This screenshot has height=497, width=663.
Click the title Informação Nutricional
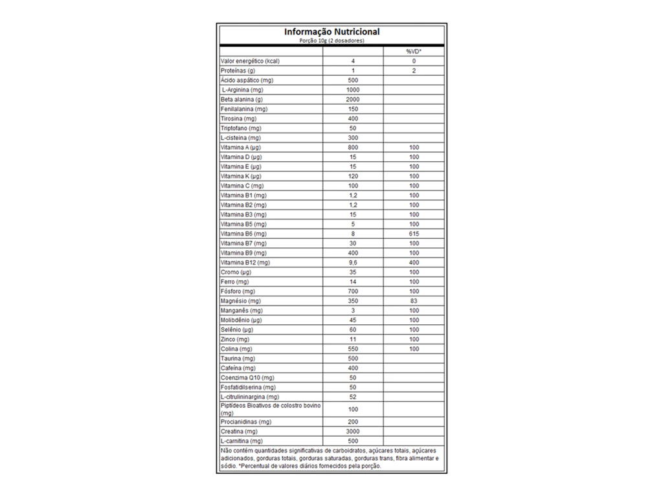tap(331, 32)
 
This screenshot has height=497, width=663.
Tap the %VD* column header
tap(414, 51)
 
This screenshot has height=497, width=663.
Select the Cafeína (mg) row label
tap(238, 368)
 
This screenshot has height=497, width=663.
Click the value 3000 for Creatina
tap(353, 431)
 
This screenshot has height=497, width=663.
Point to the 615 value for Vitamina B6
tap(414, 234)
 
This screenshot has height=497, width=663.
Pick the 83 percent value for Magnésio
tap(414, 301)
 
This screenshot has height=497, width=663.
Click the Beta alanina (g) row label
tap(242, 100)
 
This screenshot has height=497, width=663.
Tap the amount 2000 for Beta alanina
tap(353, 100)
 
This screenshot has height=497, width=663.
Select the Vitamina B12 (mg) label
tap(245, 263)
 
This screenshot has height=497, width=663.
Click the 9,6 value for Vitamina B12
tap(353, 263)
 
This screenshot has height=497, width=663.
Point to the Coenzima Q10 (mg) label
tap(247, 377)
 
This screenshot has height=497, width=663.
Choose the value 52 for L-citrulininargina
tap(353, 397)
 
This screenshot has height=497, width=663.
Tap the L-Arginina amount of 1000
tap(353, 90)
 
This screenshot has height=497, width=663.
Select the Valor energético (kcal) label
tap(249, 61)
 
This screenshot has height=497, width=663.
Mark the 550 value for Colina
tap(353, 349)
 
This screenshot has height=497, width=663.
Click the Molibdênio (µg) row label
tap(241, 320)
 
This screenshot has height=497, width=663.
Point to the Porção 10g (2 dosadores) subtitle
tap(331, 40)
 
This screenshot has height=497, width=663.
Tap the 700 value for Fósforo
tap(353, 291)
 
